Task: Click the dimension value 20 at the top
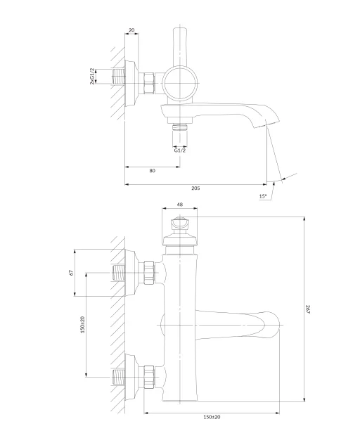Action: pos(131,30)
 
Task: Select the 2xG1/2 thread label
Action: pos(92,76)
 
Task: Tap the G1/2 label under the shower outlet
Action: pos(180,150)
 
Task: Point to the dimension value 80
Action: pos(153,171)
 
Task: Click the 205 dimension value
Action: pos(195,188)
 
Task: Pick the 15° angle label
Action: pos(263,196)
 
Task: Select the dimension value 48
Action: pos(180,205)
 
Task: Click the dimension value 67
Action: pos(72,272)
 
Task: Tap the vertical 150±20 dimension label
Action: pos(83,325)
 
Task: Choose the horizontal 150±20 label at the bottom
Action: pos(212,417)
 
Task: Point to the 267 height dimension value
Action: pos(308,309)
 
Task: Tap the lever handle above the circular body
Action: pos(180,46)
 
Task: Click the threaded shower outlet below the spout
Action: pos(180,127)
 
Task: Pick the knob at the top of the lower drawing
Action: pos(180,224)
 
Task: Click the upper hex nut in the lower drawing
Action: pos(149,273)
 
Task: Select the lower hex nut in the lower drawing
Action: pos(149,377)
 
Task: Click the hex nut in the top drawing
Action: pos(149,83)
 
